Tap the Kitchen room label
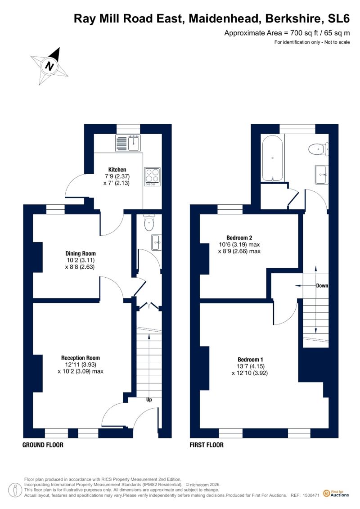tap(117, 170)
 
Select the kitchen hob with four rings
tap(152, 177)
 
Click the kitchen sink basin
tap(134, 143)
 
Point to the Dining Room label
tap(81, 253)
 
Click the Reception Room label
tap(81, 358)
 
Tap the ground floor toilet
tap(149, 223)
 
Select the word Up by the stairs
tap(149, 400)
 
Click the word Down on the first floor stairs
tap(322, 286)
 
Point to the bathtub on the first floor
tap(273, 158)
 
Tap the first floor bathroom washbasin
tap(321, 174)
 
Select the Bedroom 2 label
tap(239, 238)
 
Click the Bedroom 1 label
tap(250, 359)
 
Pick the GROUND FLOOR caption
tap(43, 445)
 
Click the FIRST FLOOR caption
tap(207, 445)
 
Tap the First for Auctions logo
tap(336, 493)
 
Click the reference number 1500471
tap(311, 495)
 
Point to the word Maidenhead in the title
tap(225, 18)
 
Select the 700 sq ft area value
tap(305, 33)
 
